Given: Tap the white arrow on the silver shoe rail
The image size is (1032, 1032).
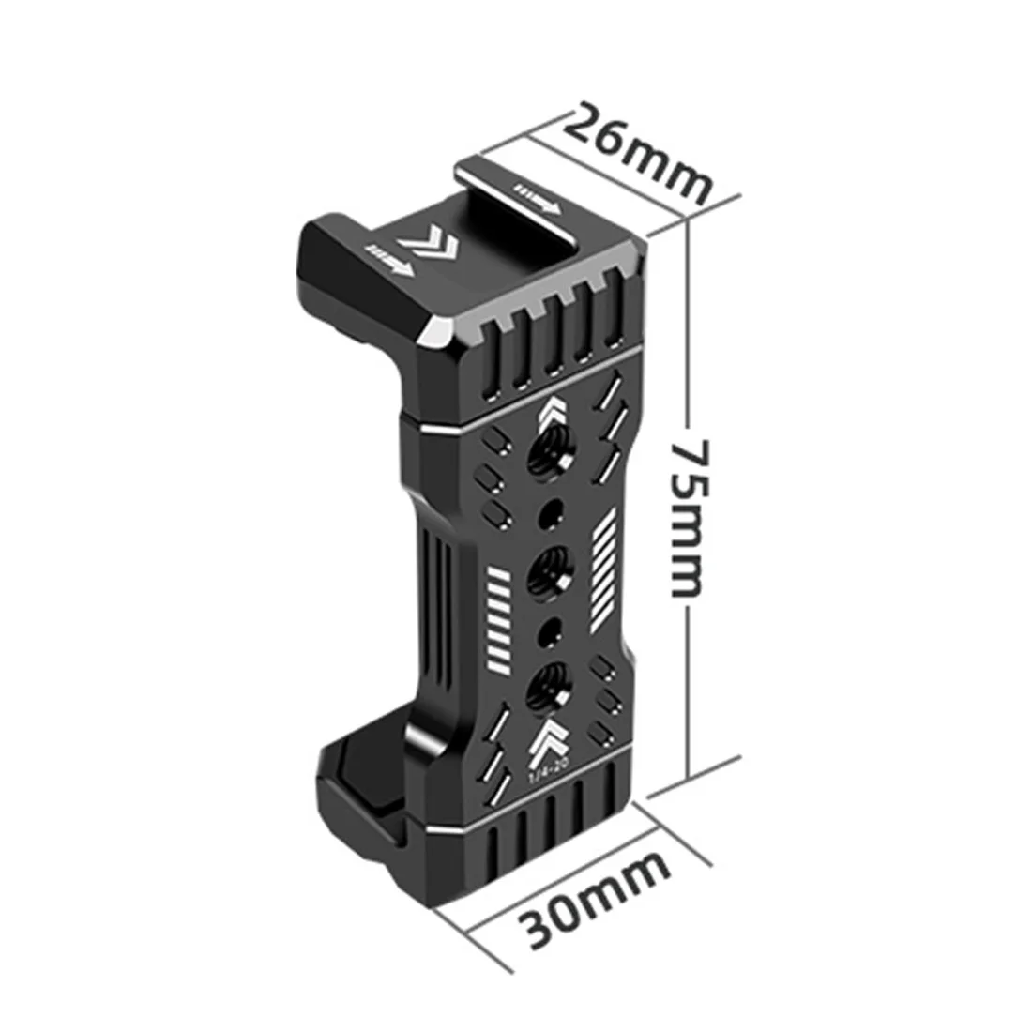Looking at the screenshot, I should coord(539,197).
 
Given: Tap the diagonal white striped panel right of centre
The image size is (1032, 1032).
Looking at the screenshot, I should coord(604,570).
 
